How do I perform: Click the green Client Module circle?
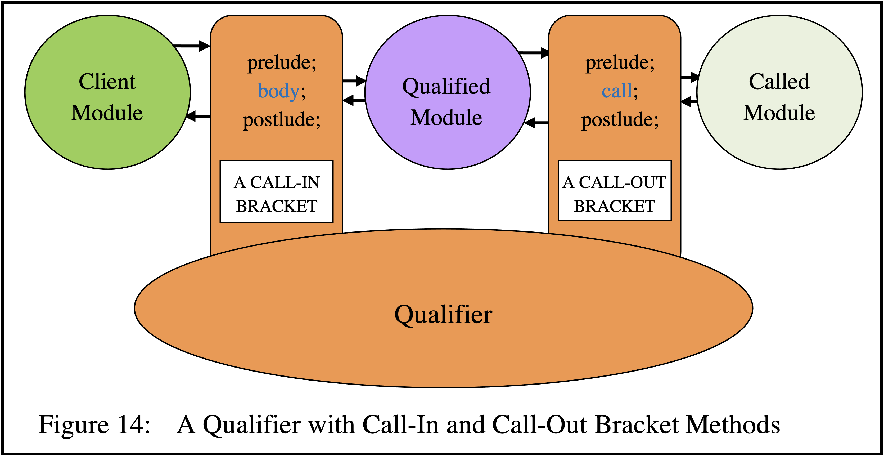(107, 92)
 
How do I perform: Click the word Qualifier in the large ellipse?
(443, 315)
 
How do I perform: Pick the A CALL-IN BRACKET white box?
(277, 192)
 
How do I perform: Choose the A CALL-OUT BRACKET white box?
(615, 191)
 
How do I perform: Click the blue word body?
(279, 91)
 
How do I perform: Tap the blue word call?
(617, 91)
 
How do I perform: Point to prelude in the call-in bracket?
(281, 62)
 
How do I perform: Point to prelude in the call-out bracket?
(620, 62)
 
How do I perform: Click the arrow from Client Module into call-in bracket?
(192, 46)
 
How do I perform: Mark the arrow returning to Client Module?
(198, 117)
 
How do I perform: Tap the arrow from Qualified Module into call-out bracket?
(534, 53)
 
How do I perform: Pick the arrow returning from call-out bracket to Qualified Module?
(537, 123)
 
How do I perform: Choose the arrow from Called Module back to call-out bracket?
(689, 102)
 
